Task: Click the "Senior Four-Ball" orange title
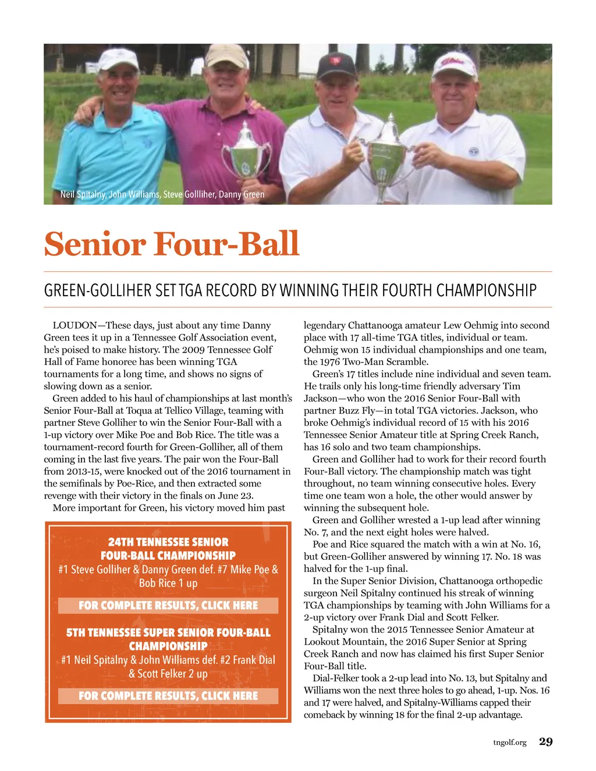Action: coord(171,244)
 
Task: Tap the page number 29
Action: coord(545,741)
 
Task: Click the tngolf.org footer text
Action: coord(509,742)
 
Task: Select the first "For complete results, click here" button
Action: coord(168,605)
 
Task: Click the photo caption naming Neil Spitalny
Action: coord(162,194)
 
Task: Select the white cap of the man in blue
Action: coord(118,58)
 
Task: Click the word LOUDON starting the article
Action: coord(74,325)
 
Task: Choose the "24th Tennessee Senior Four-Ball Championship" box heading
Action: coord(168,549)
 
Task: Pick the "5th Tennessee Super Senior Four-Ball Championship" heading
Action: coord(168,639)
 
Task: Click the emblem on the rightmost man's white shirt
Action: coord(474,151)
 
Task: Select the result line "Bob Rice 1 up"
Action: coord(168,583)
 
